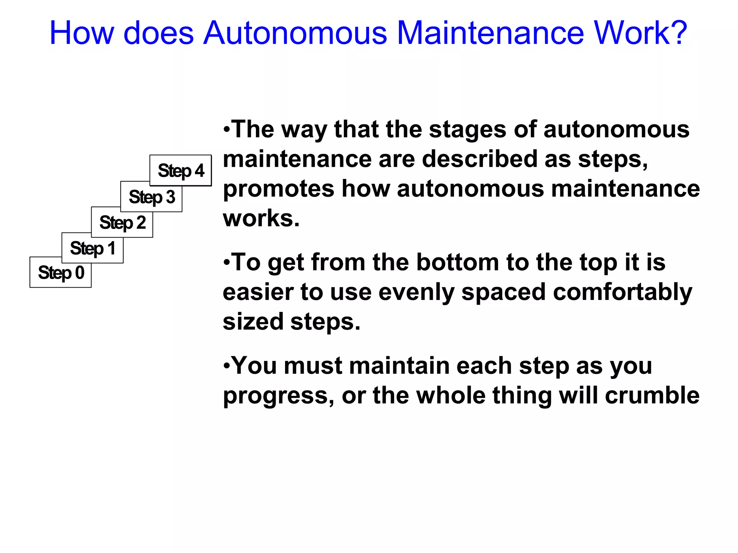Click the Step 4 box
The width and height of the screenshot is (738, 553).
point(181,171)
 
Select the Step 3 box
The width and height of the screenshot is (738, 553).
point(151,197)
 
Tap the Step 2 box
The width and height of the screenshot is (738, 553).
point(122,222)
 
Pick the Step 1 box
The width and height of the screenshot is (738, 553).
point(93,248)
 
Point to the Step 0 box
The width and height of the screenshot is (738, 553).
point(61,273)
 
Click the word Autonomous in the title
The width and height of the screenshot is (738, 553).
point(295,33)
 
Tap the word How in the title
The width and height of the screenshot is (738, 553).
point(81,33)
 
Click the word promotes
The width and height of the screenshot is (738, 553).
point(279,189)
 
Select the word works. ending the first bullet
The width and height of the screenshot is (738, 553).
point(261,218)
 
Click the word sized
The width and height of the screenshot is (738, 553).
point(253,322)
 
